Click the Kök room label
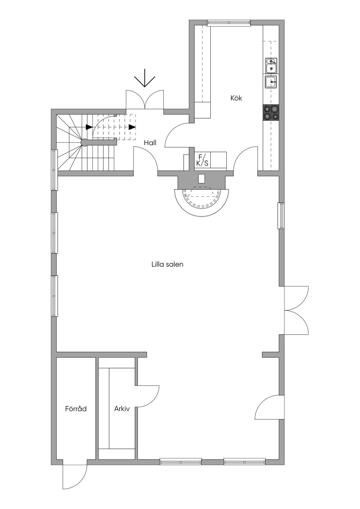(x=236, y=98)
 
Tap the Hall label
(x=150, y=143)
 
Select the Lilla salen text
(x=167, y=264)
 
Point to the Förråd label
(x=76, y=409)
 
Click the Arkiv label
(x=122, y=409)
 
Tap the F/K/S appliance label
(x=202, y=160)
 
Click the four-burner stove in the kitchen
(x=271, y=113)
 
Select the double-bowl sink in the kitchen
(x=271, y=65)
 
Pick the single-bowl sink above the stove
(x=271, y=82)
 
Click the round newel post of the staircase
(x=84, y=142)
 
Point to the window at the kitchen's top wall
(x=229, y=23)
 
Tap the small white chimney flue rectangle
(x=201, y=179)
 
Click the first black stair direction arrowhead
(x=89, y=127)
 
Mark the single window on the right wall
(x=281, y=216)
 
